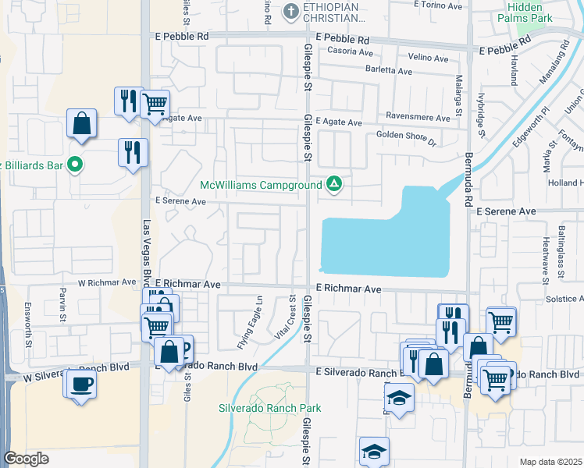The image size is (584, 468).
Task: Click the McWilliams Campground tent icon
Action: point(334,185)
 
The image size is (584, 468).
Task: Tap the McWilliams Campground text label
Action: point(261,186)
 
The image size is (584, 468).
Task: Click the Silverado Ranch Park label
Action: point(269,408)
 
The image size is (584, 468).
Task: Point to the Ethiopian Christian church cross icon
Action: point(291,11)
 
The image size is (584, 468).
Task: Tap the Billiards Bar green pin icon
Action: point(75,165)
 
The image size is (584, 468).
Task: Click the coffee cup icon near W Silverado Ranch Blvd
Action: point(81,384)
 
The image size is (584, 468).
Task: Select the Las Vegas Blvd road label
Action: point(146,254)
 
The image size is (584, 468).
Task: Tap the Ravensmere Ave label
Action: point(420,119)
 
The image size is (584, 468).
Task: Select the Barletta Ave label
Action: point(389,71)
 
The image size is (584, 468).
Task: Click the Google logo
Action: point(27,459)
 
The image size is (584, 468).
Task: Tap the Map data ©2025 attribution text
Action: point(550,462)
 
